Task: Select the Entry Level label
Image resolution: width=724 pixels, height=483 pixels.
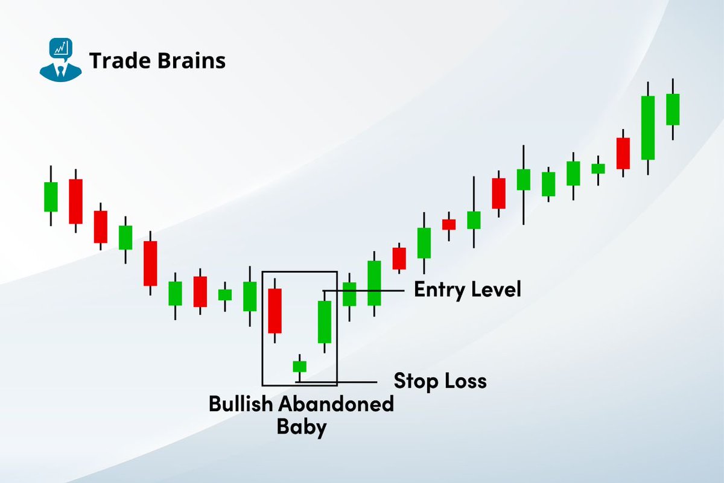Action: coord(467,289)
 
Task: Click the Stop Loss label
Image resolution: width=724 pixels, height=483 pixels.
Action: coord(440,380)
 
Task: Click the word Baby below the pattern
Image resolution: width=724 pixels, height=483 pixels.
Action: coord(302,427)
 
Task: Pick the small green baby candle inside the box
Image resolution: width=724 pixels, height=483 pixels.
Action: coord(300,366)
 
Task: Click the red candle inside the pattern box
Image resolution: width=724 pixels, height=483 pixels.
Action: coord(275,311)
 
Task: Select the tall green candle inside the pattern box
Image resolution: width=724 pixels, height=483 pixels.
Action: coord(325,321)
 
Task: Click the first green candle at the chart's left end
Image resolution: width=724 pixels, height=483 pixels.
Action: coord(51,197)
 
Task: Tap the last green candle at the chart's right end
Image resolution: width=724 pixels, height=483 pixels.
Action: coord(673,109)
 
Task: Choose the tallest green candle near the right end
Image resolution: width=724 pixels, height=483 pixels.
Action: coord(648,127)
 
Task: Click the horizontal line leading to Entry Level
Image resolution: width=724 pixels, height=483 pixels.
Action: coord(368,291)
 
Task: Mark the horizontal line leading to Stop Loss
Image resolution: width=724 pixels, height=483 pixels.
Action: coord(350,382)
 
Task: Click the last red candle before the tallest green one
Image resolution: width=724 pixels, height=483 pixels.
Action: coord(623,153)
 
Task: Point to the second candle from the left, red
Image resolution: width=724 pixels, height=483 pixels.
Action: coord(75,201)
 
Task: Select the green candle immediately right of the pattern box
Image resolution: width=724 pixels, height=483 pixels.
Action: coord(349,294)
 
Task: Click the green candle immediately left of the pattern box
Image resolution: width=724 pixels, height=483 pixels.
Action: coord(250,296)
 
